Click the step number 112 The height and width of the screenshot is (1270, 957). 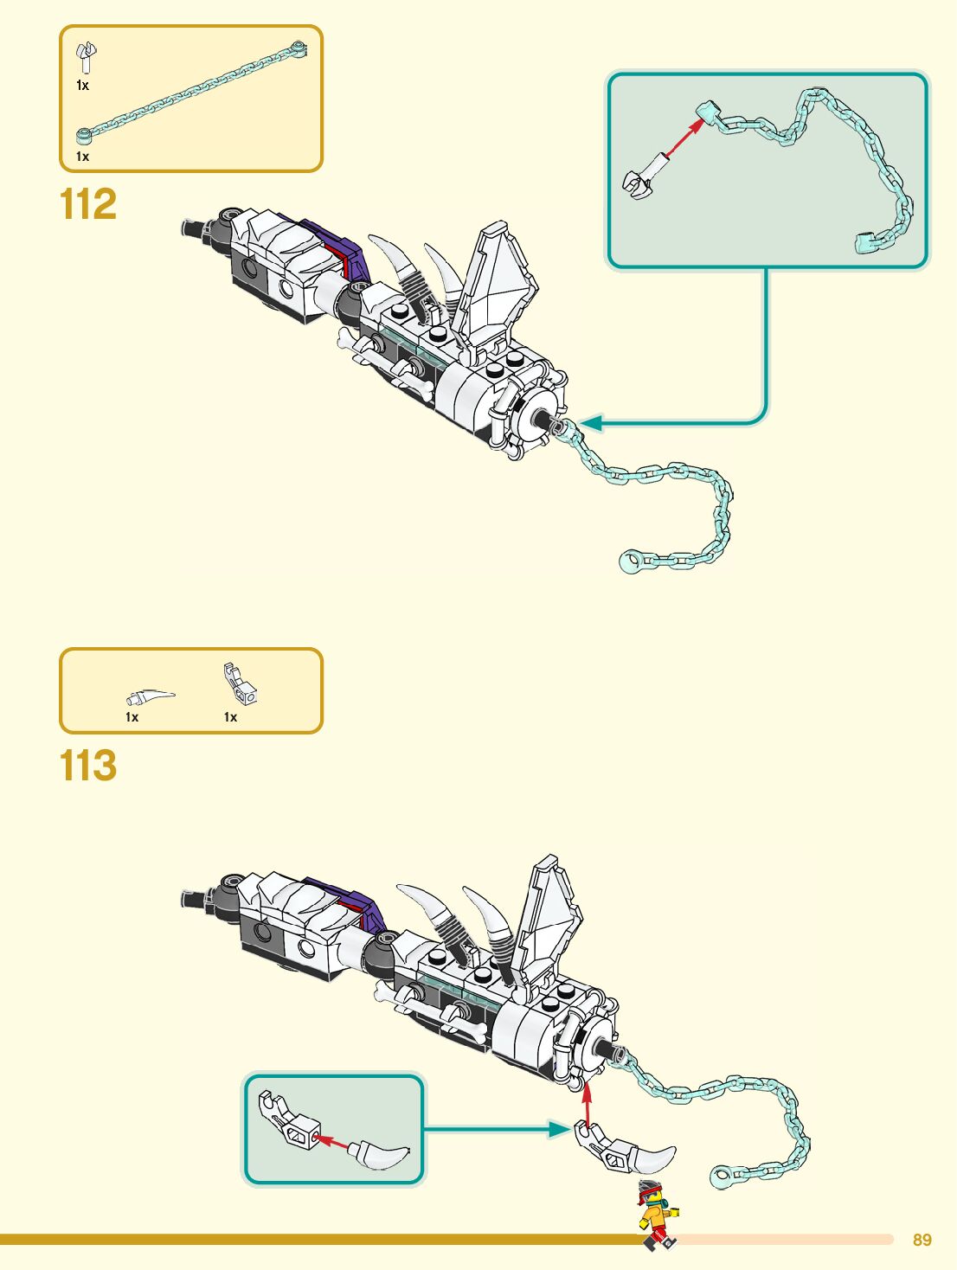pos(87,205)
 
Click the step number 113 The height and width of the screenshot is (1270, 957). pos(87,766)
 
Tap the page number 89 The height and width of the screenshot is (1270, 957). pos(922,1240)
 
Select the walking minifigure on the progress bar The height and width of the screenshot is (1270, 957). pos(658,1215)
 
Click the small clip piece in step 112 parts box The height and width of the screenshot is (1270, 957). pos(86,58)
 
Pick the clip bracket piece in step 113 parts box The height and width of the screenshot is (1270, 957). pos(240,684)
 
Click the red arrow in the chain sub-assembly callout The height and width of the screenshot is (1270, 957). pos(683,138)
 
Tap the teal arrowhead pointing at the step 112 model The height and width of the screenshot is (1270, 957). pos(590,423)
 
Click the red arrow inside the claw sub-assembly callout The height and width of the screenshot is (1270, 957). pos(333,1141)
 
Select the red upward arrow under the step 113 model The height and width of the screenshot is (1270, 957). pos(587,1103)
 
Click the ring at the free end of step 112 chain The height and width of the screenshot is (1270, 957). pos(629,561)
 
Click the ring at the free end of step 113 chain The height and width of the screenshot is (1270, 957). pos(720,1177)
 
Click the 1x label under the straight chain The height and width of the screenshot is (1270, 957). pos(82,157)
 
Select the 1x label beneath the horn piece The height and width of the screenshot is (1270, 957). pos(132,717)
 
